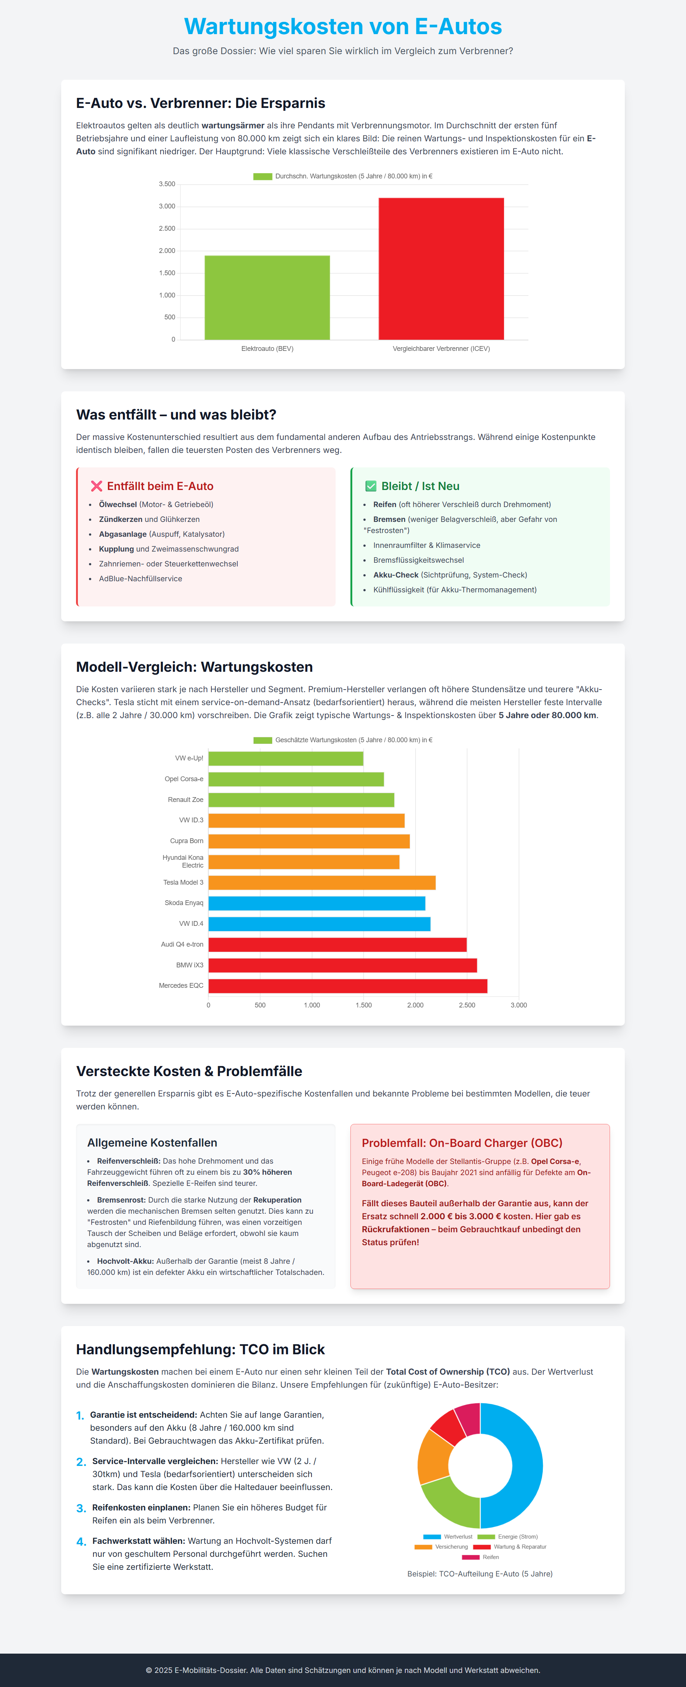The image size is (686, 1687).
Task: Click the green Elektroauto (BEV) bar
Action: pyautogui.click(x=267, y=297)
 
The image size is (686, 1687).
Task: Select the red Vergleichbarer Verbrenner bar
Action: pyautogui.click(x=441, y=269)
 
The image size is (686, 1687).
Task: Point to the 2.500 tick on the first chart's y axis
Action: pyautogui.click(x=167, y=228)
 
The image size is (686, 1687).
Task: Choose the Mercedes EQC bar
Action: pyautogui.click(x=347, y=986)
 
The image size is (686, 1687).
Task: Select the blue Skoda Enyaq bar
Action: pyautogui.click(x=316, y=903)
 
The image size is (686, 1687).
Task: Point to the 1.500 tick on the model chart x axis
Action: pyautogui.click(x=363, y=1005)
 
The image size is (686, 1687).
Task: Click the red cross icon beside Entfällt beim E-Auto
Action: pyautogui.click(x=96, y=486)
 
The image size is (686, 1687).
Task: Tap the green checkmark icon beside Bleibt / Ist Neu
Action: pyautogui.click(x=370, y=486)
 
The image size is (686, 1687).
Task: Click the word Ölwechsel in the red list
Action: pyautogui.click(x=118, y=504)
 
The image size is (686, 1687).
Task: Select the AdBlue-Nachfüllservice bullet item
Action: pyautogui.click(x=140, y=579)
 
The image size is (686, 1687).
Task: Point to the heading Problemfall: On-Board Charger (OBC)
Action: pyautogui.click(x=462, y=1143)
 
